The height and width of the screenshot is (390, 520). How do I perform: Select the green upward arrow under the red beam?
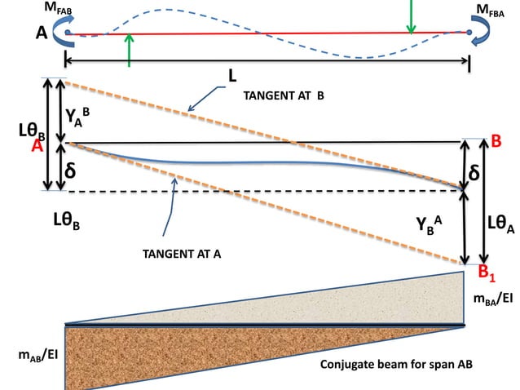point(128,50)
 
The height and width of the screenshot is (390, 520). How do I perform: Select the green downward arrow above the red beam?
point(412,16)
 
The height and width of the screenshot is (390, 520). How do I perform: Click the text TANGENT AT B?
point(283,95)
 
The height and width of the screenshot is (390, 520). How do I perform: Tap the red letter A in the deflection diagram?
point(37,146)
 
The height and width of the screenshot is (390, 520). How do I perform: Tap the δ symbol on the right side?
point(474,174)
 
